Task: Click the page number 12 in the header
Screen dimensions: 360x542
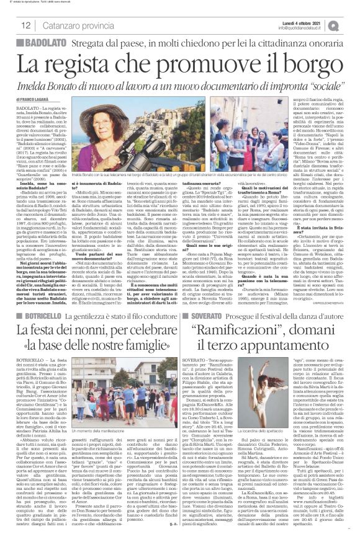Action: click(12, 24)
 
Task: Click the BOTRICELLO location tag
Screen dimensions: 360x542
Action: click(31, 299)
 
